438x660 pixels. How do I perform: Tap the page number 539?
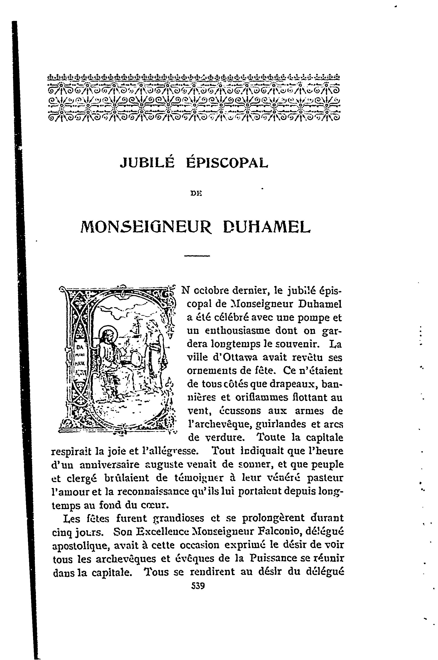coord(198,586)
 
